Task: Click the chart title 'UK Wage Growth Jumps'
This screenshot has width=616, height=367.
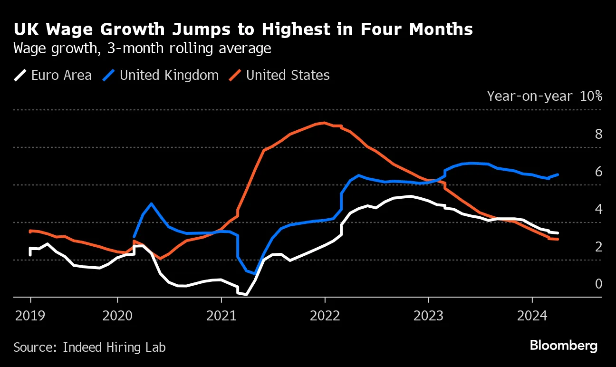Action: point(243,30)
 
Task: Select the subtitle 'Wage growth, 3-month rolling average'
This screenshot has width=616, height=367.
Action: point(142,48)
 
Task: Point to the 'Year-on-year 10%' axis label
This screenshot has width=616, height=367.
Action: point(544,96)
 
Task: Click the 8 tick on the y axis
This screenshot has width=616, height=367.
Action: point(598,134)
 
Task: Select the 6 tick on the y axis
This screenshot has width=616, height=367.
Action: point(598,172)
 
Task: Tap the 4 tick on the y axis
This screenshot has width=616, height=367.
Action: point(598,209)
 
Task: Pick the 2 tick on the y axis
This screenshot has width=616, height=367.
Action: point(598,247)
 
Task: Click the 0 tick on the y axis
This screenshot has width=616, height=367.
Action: point(598,284)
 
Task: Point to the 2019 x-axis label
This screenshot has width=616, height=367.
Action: point(30,315)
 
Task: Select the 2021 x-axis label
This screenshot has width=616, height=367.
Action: point(221,315)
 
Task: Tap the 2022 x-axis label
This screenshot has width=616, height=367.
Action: point(325,315)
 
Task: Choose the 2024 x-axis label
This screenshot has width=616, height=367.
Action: point(532,315)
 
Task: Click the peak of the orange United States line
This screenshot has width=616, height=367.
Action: point(324,123)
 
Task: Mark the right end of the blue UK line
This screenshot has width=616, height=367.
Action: point(558,174)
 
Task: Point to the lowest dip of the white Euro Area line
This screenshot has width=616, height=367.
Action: point(246,294)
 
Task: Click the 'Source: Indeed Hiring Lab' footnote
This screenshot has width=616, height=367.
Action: point(89,348)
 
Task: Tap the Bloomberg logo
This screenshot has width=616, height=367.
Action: point(564,346)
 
